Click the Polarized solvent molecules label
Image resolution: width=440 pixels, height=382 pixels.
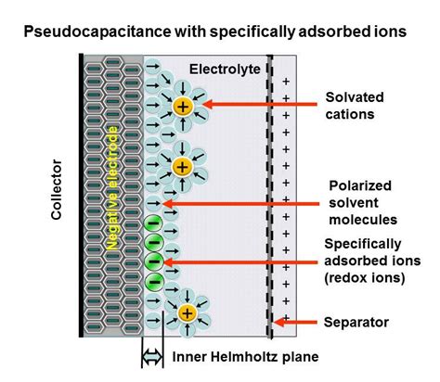coord(362,202)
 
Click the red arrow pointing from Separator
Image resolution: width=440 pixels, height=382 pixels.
coord(296,323)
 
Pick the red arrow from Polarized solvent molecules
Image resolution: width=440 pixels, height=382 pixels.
coord(240,203)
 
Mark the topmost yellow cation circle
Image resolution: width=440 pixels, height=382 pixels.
coord(183,107)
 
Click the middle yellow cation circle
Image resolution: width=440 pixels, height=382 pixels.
coord(182,167)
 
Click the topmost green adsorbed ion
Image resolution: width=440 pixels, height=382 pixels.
coord(154,223)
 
